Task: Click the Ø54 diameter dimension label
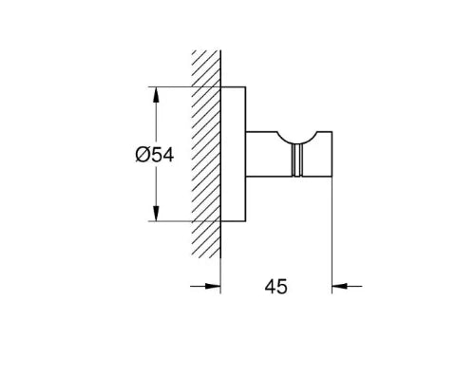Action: tap(155, 155)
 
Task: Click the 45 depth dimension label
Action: tap(276, 287)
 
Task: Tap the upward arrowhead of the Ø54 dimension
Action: tap(156, 95)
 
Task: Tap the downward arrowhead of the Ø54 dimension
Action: tap(156, 213)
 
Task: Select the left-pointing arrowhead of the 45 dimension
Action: tap(339, 286)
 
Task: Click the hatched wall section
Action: tap(206, 154)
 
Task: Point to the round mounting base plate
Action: tap(233, 154)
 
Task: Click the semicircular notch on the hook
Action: tap(297, 140)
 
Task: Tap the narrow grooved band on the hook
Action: tap(297, 160)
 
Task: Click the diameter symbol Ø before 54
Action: tap(142, 155)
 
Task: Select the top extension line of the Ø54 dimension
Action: tap(184, 86)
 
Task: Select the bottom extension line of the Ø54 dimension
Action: tap(184, 221)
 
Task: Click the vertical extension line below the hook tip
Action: tap(332, 235)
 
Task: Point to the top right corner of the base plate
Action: tap(246, 86)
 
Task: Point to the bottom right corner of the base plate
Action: tap(246, 221)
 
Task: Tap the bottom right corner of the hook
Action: tap(332, 176)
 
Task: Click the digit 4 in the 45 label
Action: tap(270, 287)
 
